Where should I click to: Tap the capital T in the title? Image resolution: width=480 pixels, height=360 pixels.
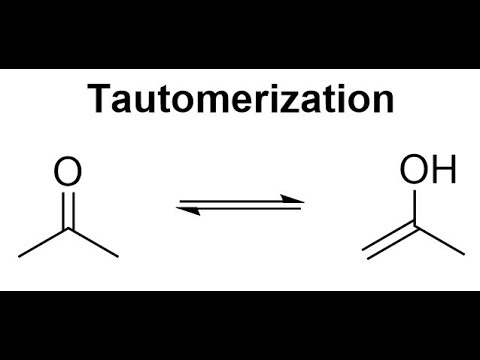(98, 100)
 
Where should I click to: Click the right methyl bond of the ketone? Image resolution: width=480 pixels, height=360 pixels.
(93, 243)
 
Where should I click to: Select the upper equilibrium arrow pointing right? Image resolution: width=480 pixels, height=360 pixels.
(240, 201)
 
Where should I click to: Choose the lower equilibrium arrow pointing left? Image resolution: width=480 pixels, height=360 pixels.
(240, 210)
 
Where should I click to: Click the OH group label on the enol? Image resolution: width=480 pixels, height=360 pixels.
(428, 171)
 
